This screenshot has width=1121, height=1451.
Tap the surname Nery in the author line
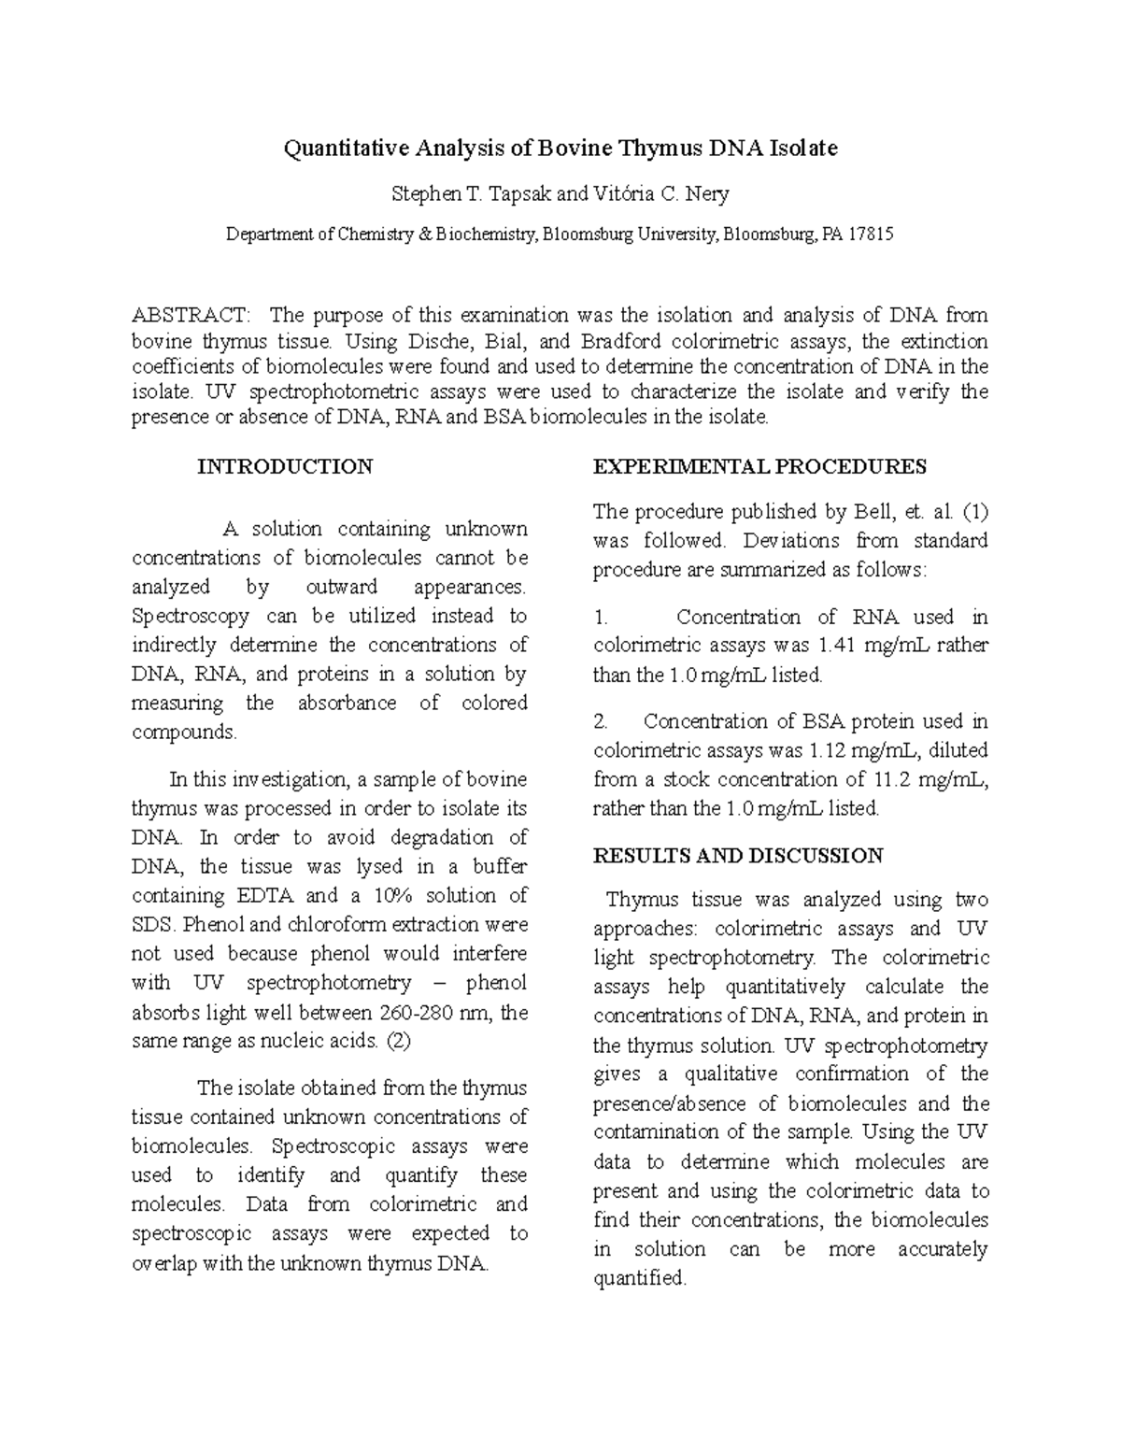point(707,194)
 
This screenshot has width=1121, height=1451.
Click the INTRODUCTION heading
point(285,467)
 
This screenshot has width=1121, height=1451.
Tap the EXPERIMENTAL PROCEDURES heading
point(759,467)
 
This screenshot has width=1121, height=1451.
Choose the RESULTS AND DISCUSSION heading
point(738,856)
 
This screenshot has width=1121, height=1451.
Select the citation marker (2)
point(398,1041)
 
